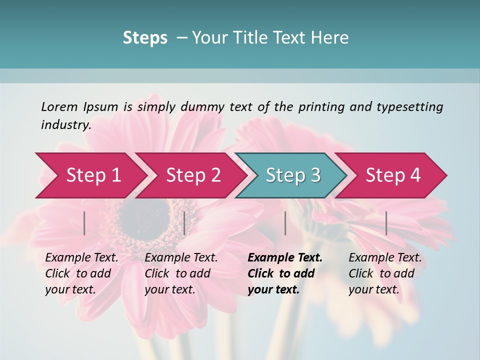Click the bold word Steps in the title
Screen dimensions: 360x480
[145, 37]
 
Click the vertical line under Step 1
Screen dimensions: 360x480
[84, 223]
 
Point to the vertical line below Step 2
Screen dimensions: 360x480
[184, 223]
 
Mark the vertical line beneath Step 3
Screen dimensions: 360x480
[285, 223]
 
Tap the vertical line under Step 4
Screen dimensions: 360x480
[386, 223]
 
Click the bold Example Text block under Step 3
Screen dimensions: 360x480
[285, 273]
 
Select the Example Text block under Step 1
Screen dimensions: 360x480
[81, 273]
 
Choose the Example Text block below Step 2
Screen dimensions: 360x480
[181, 273]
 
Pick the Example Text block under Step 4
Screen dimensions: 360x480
[385, 273]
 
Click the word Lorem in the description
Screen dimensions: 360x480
[59, 106]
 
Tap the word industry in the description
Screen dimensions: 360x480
[65, 124]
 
